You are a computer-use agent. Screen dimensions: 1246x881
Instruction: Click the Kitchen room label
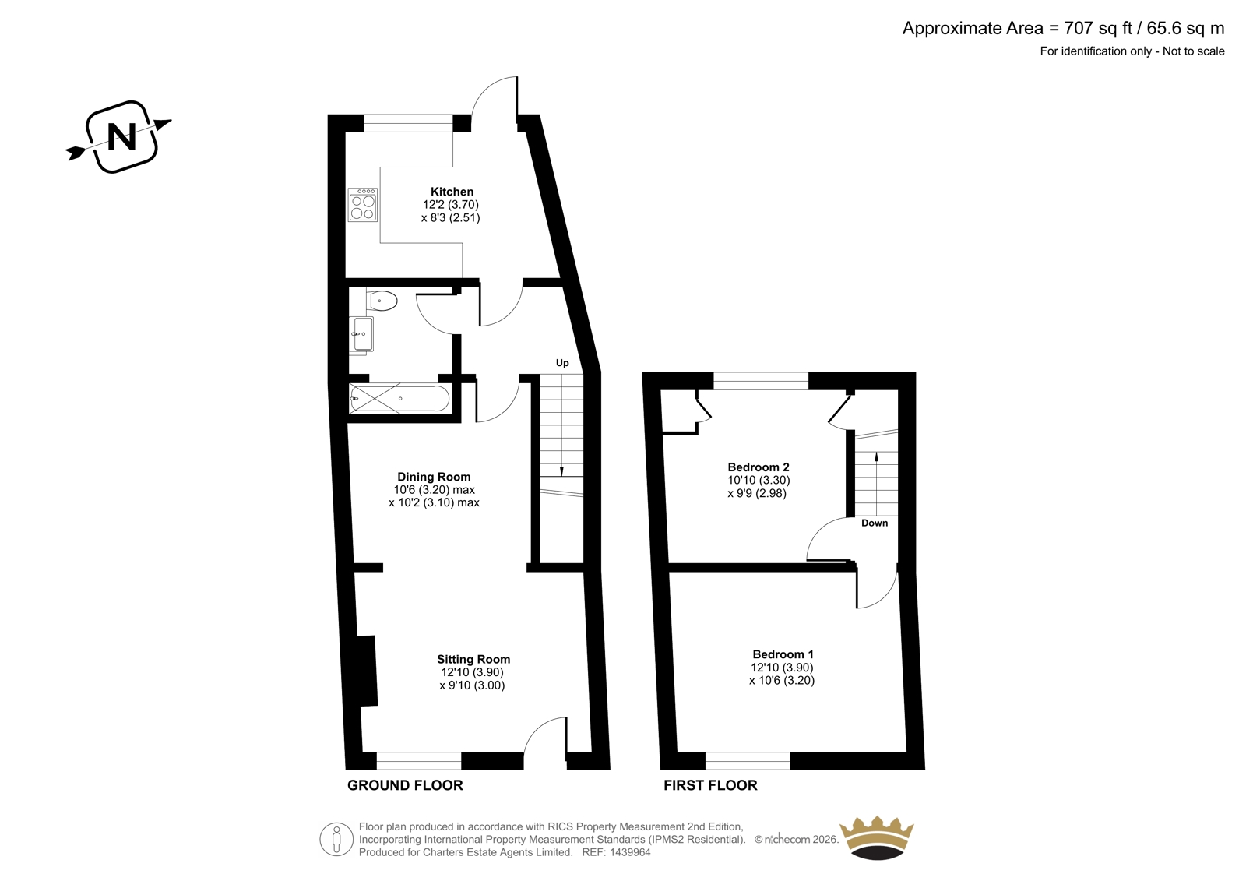coord(452,192)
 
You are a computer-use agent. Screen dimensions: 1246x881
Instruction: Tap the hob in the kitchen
coord(363,205)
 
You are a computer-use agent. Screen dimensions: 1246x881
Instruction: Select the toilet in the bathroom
coord(382,301)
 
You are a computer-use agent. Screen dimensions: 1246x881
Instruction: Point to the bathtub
coord(399,399)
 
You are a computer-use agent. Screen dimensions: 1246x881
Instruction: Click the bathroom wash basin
coord(363,334)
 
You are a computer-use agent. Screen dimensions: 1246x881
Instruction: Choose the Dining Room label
coord(434,477)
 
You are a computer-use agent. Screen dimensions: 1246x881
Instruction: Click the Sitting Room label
coord(473,659)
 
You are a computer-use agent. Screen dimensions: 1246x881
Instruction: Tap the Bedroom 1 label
coord(782,654)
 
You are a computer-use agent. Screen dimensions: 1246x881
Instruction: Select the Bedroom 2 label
coord(759,467)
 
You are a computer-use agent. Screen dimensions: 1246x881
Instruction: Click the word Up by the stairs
coord(562,363)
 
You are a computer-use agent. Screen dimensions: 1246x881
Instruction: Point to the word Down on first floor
coord(875,523)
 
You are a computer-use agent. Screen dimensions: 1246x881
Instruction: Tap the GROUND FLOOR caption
coord(405,785)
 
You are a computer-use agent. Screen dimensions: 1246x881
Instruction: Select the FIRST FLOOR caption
coord(710,785)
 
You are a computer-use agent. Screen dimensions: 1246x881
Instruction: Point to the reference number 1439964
coord(629,852)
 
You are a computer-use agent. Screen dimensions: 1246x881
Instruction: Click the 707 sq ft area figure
coord(1099,28)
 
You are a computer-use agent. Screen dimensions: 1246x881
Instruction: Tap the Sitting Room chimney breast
coord(367,671)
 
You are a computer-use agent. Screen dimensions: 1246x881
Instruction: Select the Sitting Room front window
coord(419,761)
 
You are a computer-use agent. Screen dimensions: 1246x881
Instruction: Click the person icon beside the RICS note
coord(336,839)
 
